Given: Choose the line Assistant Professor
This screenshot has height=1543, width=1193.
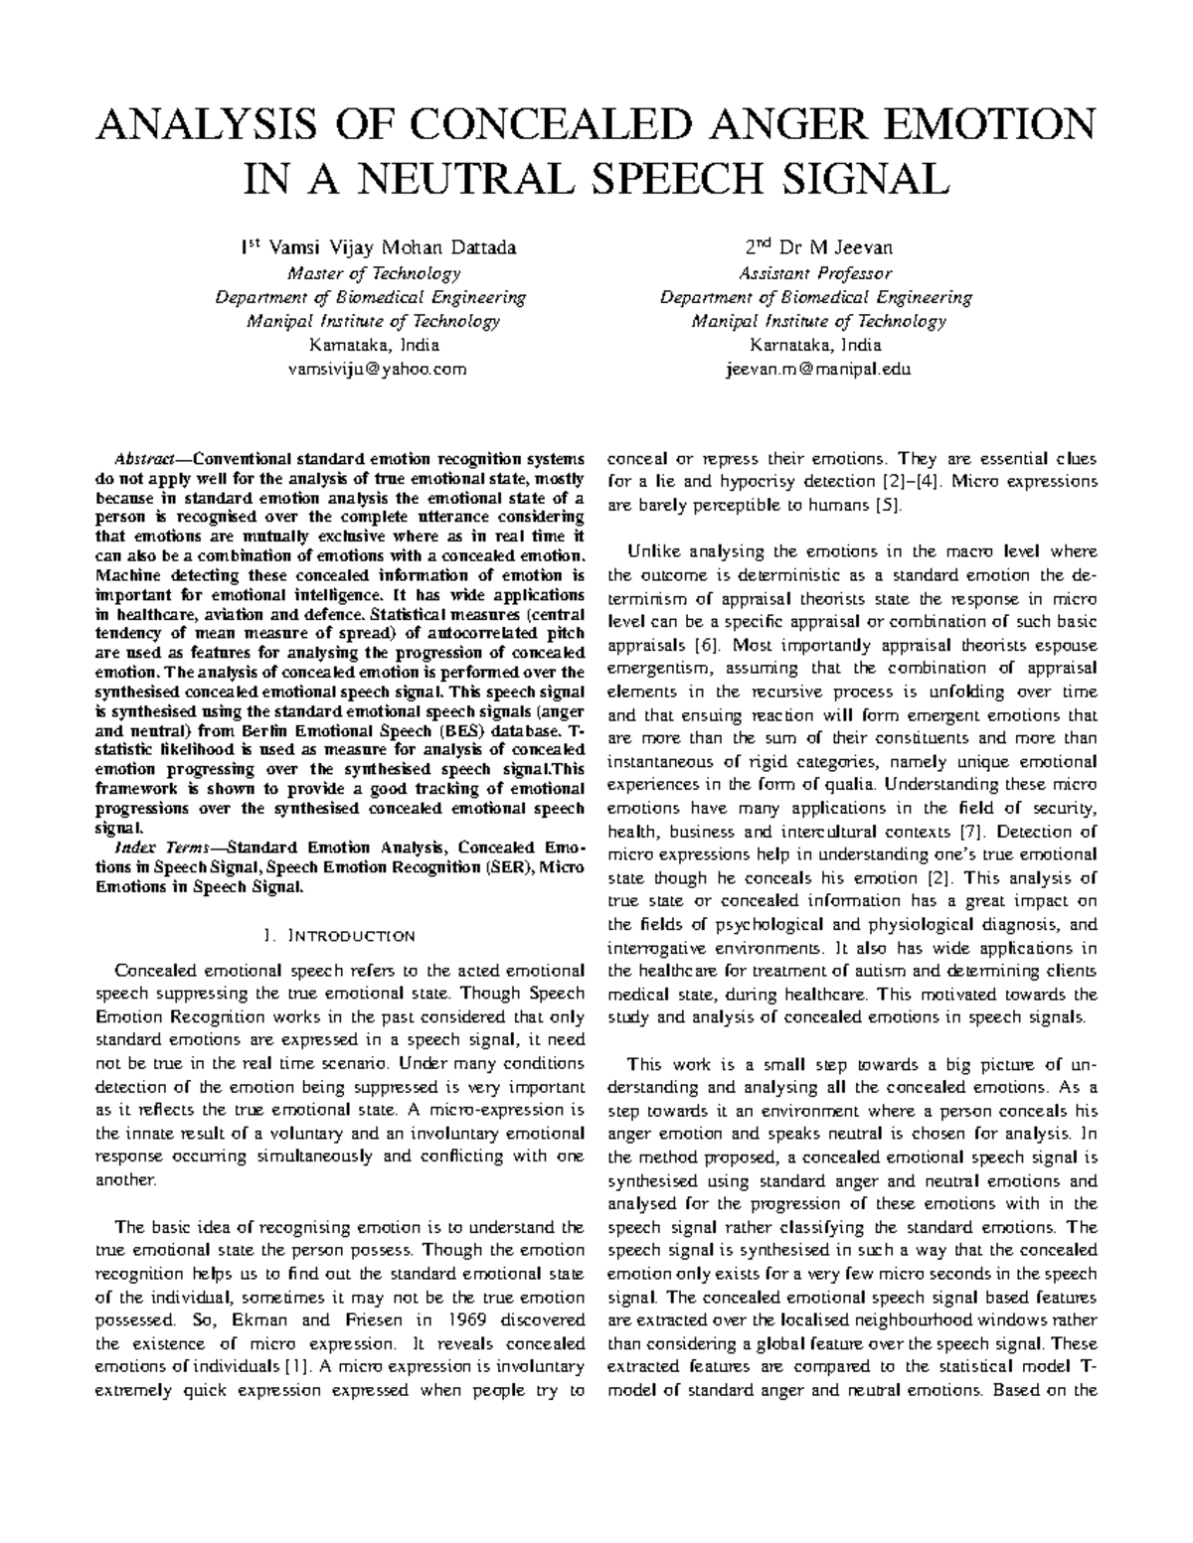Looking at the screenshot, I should point(815,273).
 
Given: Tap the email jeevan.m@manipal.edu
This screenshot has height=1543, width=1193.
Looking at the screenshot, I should point(815,370).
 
